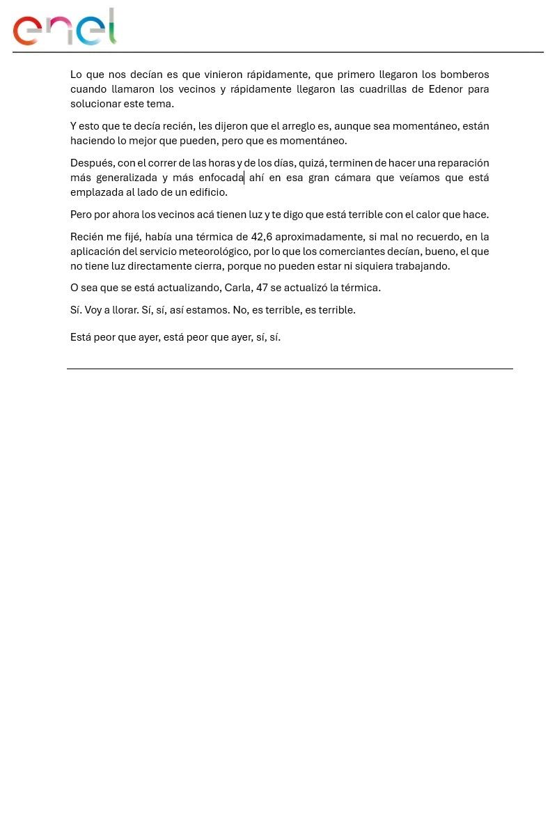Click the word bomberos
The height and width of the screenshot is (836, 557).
pyautogui.click(x=465, y=75)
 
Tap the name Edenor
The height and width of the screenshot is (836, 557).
pyautogui.click(x=446, y=89)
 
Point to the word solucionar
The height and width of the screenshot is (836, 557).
pyautogui.click(x=95, y=104)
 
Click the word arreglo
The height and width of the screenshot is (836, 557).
pyautogui.click(x=298, y=126)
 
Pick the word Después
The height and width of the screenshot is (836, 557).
pyautogui.click(x=91, y=163)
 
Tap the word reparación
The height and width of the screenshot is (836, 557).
pyautogui.click(x=463, y=163)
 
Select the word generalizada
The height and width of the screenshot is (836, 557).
pyautogui.click(x=127, y=178)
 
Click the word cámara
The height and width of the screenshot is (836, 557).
pyautogui.click(x=352, y=178)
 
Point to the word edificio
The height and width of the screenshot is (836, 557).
pyautogui.click(x=207, y=192)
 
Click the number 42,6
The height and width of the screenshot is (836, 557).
pyautogui.click(x=261, y=237)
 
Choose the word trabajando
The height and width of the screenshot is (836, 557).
pyautogui.click(x=423, y=266)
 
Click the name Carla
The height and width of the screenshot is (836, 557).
pyautogui.click(x=238, y=288)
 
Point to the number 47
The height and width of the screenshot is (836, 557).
pyautogui.click(x=262, y=288)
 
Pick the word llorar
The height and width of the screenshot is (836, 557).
pyautogui.click(x=125, y=310)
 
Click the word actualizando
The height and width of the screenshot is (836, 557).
pyautogui.click(x=188, y=288)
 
